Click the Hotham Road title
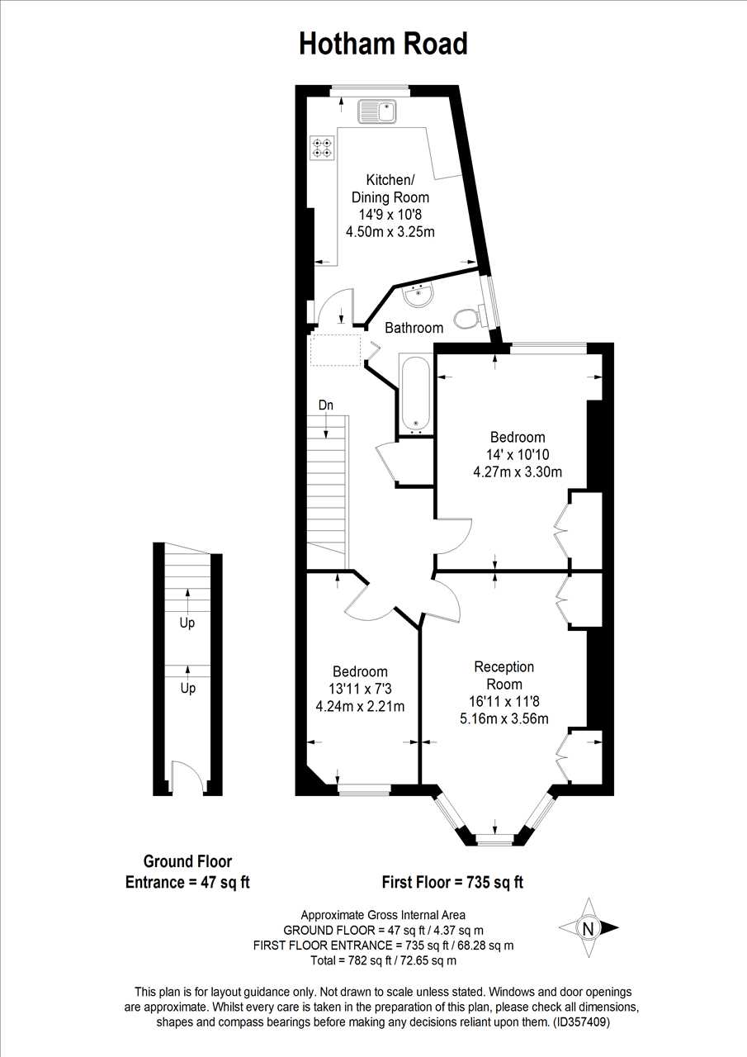tap(383, 45)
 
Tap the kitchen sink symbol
tap(377, 111)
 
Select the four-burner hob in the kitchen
tap(323, 147)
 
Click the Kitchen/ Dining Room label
tap(390, 189)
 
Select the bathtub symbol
tap(415, 395)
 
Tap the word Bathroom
tap(414, 328)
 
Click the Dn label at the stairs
tap(326, 405)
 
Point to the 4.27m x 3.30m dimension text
tap(518, 472)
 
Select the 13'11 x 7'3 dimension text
tap(360, 689)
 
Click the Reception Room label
tap(504, 675)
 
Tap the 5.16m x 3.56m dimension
tap(504, 719)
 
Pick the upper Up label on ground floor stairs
tap(187, 623)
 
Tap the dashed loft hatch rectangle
tap(335, 349)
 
